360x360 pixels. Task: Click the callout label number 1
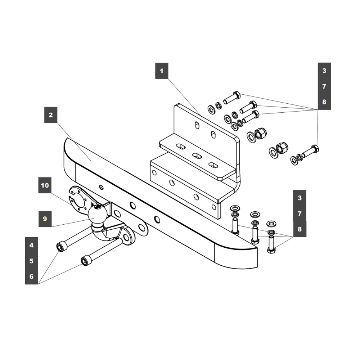point(162,71)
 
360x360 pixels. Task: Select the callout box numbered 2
point(51,115)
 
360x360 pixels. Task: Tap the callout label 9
point(45,219)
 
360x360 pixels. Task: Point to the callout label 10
point(45,186)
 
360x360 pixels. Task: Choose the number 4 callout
point(31,245)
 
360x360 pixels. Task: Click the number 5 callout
point(31,261)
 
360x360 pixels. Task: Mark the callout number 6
point(31,276)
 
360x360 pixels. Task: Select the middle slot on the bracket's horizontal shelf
point(197,156)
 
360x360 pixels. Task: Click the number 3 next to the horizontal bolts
point(324,71)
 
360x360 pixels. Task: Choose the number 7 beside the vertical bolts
point(300,213)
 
